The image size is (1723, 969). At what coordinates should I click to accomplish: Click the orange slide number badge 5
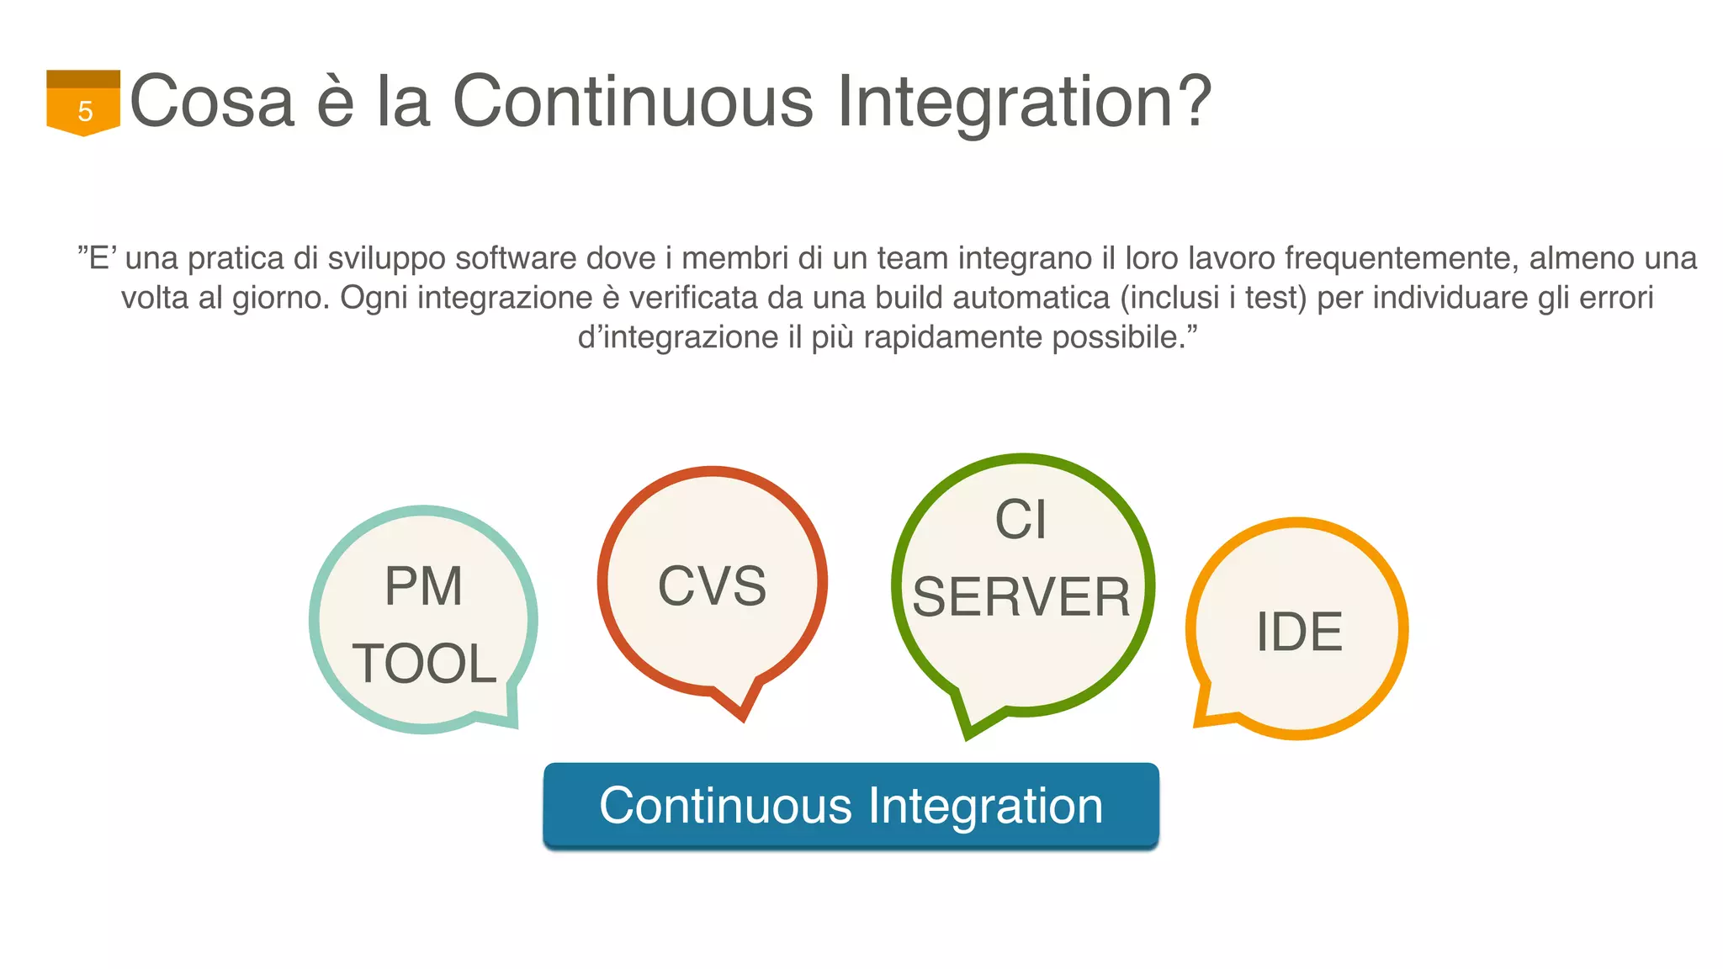[x=83, y=104]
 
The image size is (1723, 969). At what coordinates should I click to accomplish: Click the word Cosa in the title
[x=212, y=102]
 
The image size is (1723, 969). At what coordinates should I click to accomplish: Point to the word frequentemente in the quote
[x=1401, y=258]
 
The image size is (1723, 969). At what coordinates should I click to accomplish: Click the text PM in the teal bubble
[x=423, y=586]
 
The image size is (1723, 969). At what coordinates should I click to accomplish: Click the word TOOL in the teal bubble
[x=425, y=664]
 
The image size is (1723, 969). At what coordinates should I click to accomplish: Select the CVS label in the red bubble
[x=712, y=586]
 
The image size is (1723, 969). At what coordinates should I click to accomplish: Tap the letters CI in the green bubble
[x=1021, y=519]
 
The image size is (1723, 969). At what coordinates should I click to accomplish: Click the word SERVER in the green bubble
[x=1021, y=597]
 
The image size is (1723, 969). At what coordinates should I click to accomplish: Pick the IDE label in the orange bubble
[x=1299, y=632]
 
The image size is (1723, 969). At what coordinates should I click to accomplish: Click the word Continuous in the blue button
[x=725, y=806]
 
